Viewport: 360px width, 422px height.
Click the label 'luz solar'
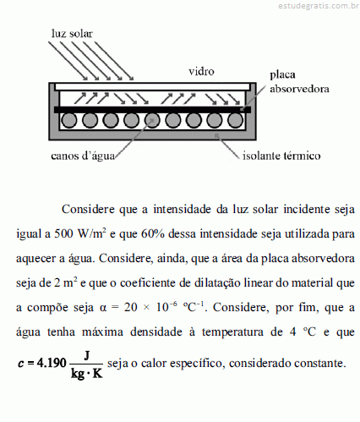72,34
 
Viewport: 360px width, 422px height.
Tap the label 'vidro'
201,71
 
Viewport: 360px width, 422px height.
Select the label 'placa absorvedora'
299,82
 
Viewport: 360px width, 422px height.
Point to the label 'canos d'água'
83,156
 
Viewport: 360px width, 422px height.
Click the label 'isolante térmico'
281,156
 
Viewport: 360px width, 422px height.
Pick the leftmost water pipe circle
69,120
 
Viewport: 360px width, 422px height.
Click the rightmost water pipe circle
235,120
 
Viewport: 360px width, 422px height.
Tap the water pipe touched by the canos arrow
152,120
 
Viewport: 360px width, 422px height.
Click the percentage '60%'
153,234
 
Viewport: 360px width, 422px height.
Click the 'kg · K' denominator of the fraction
87,373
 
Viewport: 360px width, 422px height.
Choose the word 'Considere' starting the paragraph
88,210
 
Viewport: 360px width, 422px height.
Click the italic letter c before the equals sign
21,364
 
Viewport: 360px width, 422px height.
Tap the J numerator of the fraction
87,355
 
